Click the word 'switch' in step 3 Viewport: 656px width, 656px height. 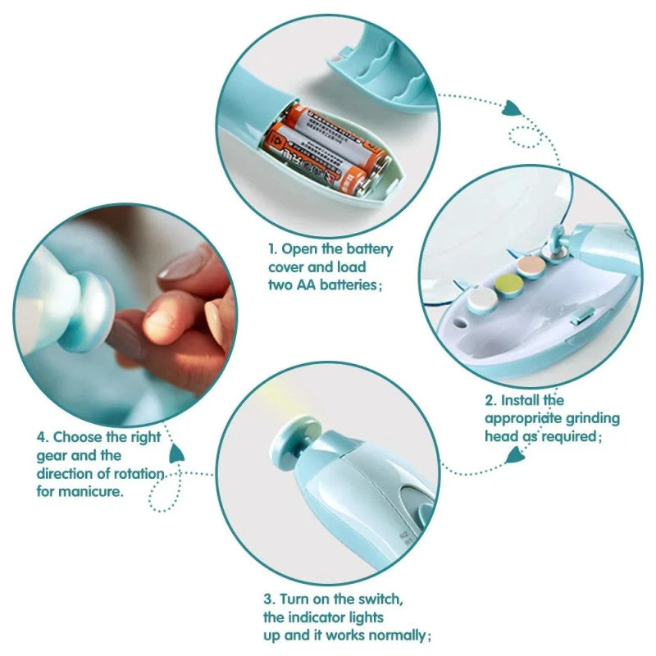[378, 599]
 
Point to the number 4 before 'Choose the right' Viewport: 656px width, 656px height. [39, 438]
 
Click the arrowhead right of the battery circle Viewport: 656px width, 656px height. [512, 107]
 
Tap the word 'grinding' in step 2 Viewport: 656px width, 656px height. [592, 418]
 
